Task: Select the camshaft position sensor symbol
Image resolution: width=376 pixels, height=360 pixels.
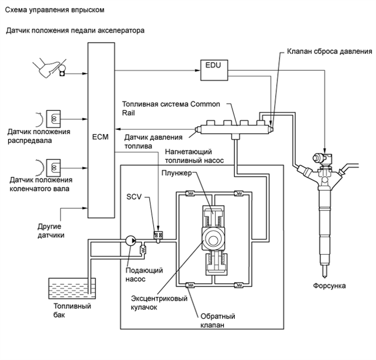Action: coord(54,117)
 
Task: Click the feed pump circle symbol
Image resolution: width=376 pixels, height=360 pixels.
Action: coord(131,239)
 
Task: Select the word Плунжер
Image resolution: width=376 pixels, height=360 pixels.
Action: coord(176,173)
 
